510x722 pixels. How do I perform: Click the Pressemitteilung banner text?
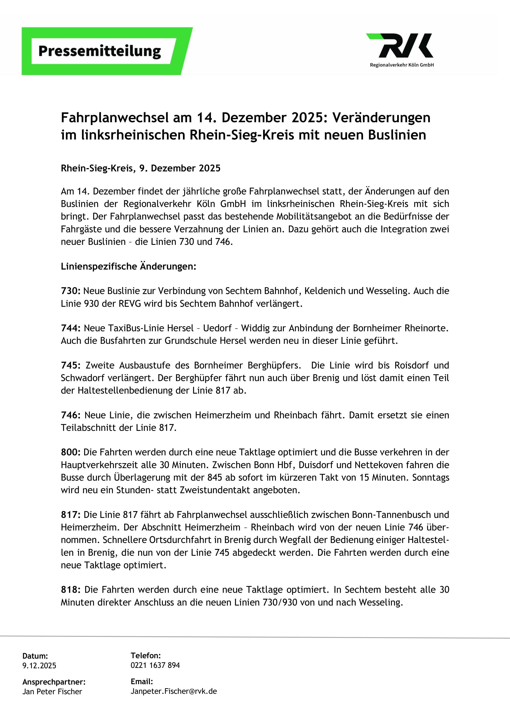(100, 51)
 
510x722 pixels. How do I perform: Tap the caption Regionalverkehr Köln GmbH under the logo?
(402, 65)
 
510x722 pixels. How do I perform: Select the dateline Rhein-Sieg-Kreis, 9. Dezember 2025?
(140, 168)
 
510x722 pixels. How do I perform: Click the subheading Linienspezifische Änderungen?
(128, 266)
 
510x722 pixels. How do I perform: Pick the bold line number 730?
(71, 291)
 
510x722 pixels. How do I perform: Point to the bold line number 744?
(71, 328)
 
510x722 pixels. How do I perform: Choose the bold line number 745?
(71, 365)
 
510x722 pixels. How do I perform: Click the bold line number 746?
(71, 415)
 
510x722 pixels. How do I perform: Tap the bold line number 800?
(71, 452)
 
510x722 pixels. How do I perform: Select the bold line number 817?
(71, 515)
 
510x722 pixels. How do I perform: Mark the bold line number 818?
(71, 590)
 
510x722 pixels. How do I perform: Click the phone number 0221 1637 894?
(155, 665)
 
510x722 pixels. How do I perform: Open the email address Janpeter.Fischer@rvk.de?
(174, 692)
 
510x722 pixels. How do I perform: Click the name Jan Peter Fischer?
(52, 692)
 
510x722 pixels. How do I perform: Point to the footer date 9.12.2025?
(39, 666)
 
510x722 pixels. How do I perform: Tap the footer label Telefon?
(146, 656)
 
